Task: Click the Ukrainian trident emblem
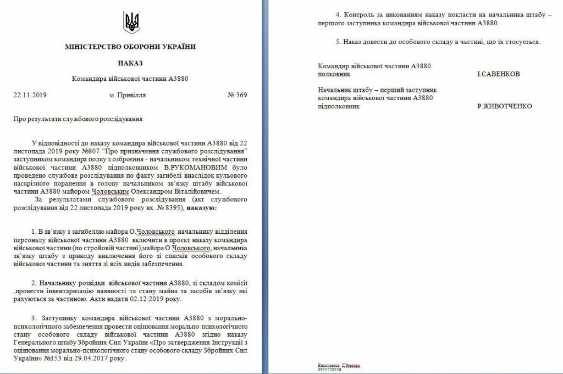coord(132,22)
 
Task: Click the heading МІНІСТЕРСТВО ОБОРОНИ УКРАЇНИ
coord(130,47)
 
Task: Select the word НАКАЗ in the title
coord(130,63)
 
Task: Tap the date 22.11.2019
coord(30,95)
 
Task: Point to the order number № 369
coord(237,95)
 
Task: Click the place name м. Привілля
coord(128,95)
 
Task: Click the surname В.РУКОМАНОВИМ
coord(190,167)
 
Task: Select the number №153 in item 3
coord(54,358)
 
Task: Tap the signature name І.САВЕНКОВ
coord(499,74)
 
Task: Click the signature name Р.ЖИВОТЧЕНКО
coord(504,106)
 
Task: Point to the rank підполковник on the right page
coord(339,106)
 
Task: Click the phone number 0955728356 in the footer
coord(329,370)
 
